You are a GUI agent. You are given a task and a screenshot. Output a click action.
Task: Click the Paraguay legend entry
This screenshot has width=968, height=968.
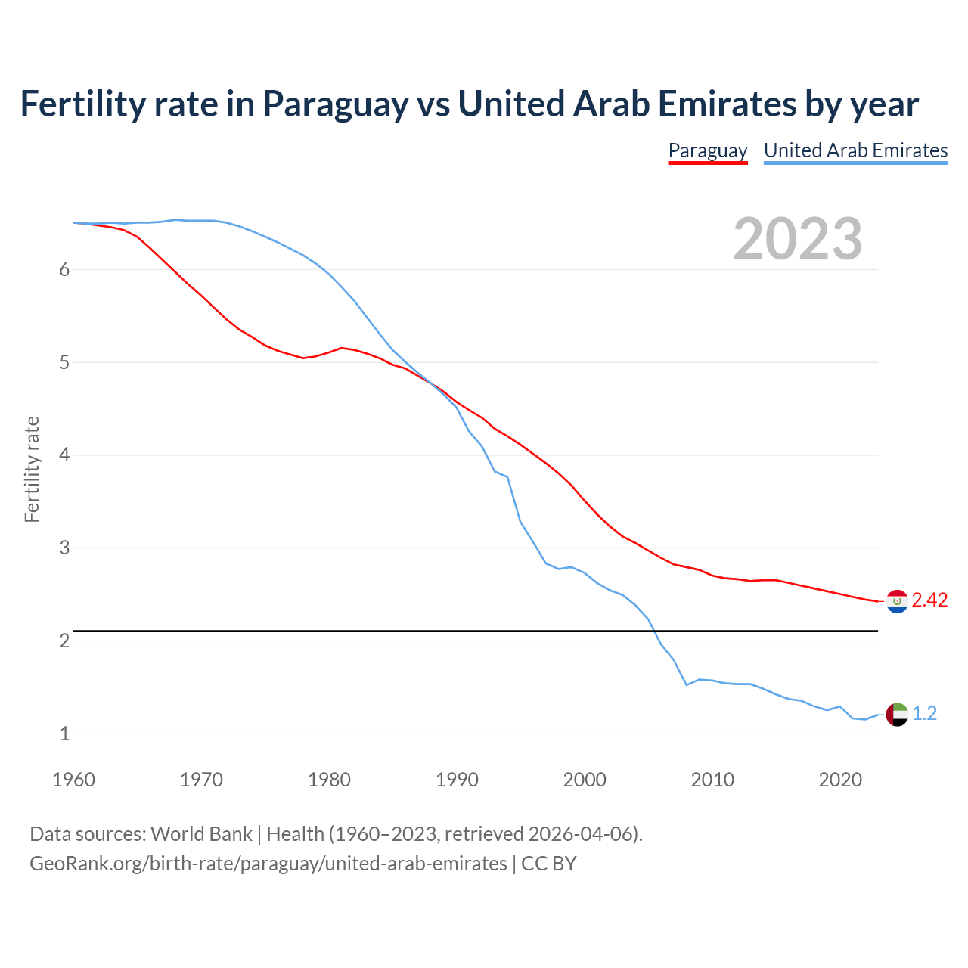708,150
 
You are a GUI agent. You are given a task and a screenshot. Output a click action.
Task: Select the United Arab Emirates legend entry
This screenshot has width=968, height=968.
855,150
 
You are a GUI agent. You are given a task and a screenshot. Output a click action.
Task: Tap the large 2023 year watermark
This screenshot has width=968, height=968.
797,239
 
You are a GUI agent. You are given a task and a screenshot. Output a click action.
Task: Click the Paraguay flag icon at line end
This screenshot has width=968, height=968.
897,601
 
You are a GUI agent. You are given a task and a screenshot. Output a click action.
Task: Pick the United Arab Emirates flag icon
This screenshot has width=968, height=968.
897,714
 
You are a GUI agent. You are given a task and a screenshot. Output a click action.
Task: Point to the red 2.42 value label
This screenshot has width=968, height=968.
929,600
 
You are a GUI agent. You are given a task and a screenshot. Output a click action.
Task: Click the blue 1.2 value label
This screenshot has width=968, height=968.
924,714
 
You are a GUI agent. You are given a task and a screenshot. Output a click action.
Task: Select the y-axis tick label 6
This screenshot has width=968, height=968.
64,270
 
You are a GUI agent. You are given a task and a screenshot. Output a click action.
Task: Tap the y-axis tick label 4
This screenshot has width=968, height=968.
64,455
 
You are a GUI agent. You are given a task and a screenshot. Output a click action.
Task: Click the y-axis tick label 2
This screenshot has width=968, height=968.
64,641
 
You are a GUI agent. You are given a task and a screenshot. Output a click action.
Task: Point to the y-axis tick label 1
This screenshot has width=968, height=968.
64,734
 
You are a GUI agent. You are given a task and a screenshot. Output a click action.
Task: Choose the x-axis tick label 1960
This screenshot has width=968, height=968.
73,780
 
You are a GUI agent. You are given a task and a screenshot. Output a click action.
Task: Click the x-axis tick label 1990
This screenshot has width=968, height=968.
457,780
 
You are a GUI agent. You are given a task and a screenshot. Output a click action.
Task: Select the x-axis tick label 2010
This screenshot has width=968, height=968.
712,780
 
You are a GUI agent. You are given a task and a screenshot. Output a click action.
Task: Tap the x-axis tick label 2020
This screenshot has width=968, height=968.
840,780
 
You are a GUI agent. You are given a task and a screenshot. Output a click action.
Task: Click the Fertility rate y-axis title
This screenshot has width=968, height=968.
32,469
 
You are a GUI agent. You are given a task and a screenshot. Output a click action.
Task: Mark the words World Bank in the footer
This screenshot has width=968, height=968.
201,834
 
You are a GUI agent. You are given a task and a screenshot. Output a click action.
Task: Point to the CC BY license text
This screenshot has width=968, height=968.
549,864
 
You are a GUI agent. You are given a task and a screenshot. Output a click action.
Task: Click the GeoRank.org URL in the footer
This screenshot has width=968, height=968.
268,864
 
